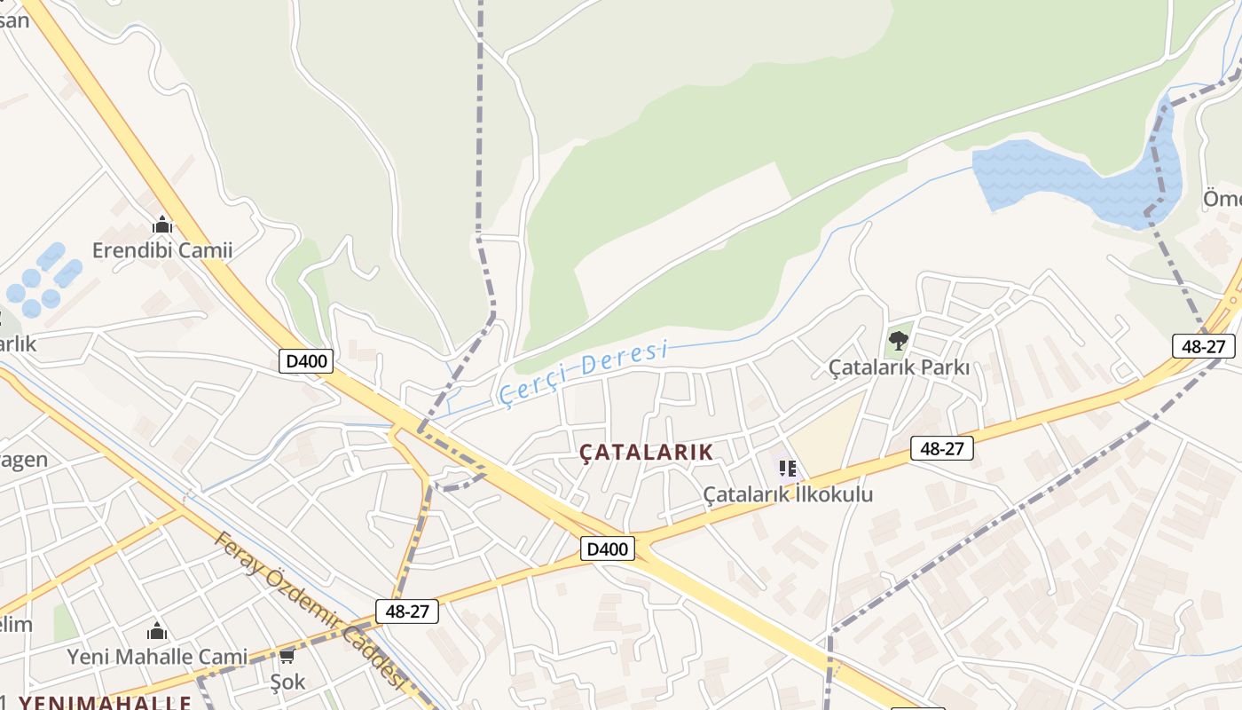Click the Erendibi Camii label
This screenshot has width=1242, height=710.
click(x=162, y=250)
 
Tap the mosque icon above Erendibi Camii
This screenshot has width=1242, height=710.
click(x=161, y=225)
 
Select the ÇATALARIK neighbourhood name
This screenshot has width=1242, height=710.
click(x=646, y=452)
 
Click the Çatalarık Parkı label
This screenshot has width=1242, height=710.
click(x=899, y=367)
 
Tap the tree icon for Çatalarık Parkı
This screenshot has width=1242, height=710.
click(x=899, y=340)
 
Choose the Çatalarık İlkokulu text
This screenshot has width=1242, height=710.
click(x=788, y=494)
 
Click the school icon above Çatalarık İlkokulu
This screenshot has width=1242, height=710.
click(x=787, y=468)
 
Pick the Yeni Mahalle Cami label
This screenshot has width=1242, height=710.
click(x=158, y=657)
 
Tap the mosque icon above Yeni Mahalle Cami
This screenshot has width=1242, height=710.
click(x=157, y=631)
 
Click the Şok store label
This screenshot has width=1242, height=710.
click(x=287, y=682)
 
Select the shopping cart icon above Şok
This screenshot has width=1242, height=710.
click(x=287, y=657)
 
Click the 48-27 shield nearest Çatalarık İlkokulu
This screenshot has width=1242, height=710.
click(x=941, y=448)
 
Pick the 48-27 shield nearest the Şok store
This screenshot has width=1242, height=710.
click(x=407, y=611)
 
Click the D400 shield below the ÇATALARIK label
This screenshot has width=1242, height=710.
click(x=609, y=548)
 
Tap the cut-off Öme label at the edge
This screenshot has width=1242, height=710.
click(x=1222, y=199)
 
